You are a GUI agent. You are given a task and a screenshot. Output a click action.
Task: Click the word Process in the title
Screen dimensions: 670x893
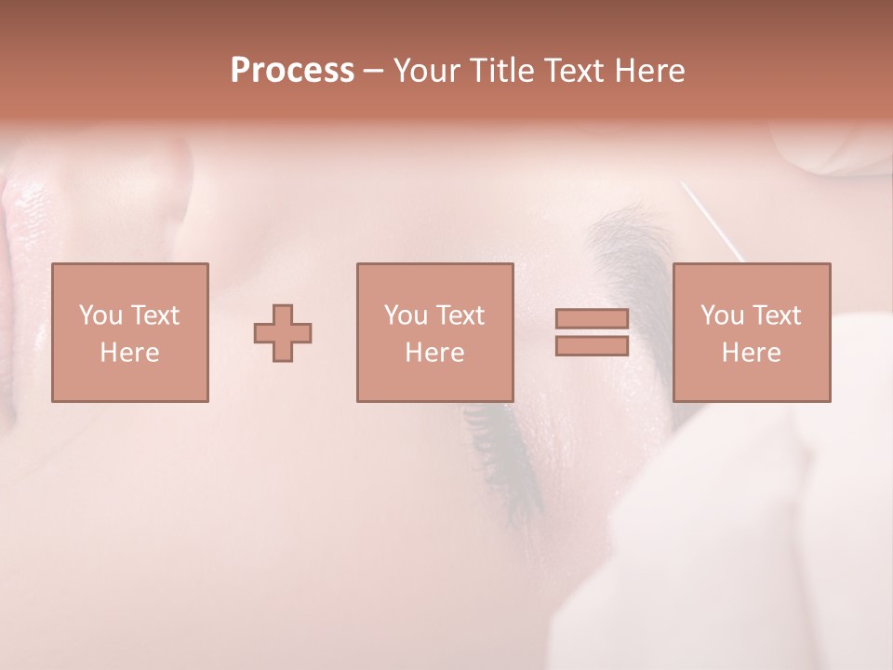(292, 71)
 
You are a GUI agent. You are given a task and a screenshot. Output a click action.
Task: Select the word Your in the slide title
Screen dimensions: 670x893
(426, 71)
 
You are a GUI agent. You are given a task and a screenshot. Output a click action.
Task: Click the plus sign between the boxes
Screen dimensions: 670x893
(283, 332)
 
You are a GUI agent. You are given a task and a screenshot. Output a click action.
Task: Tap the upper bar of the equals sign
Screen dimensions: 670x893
(592, 318)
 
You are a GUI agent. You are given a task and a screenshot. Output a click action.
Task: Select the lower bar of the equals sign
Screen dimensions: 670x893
(592, 346)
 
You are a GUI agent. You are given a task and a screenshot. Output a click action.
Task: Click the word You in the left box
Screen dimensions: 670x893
(100, 315)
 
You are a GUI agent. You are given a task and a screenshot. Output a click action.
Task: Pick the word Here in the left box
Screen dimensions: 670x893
(129, 353)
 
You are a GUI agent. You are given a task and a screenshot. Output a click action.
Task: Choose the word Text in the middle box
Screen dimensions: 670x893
(460, 315)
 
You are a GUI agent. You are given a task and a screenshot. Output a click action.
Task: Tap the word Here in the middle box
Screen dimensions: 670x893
(434, 353)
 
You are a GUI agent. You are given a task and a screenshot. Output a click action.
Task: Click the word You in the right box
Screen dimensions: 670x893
(721, 315)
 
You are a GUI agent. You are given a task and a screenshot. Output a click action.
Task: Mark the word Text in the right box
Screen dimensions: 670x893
(776, 315)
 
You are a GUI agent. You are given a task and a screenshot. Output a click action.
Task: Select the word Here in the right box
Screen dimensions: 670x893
(751, 353)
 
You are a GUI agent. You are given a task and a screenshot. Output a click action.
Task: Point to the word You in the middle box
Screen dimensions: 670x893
(405, 315)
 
